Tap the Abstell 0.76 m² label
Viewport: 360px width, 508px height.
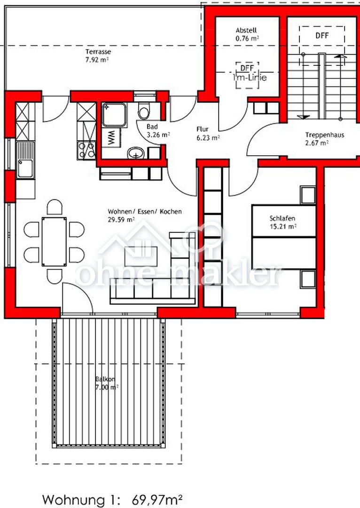point(247,34)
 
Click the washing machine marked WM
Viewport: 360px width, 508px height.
point(111,137)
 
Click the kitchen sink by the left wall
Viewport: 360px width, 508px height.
point(25,160)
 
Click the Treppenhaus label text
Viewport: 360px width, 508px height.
point(320,135)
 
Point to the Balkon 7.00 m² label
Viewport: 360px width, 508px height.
point(106,382)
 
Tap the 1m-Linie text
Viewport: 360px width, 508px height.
point(250,78)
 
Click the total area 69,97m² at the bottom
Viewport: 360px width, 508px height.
point(157,500)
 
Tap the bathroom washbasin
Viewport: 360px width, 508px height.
point(136,153)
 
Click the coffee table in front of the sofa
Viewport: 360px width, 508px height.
point(141,256)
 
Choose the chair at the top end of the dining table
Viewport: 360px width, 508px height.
point(55,207)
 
